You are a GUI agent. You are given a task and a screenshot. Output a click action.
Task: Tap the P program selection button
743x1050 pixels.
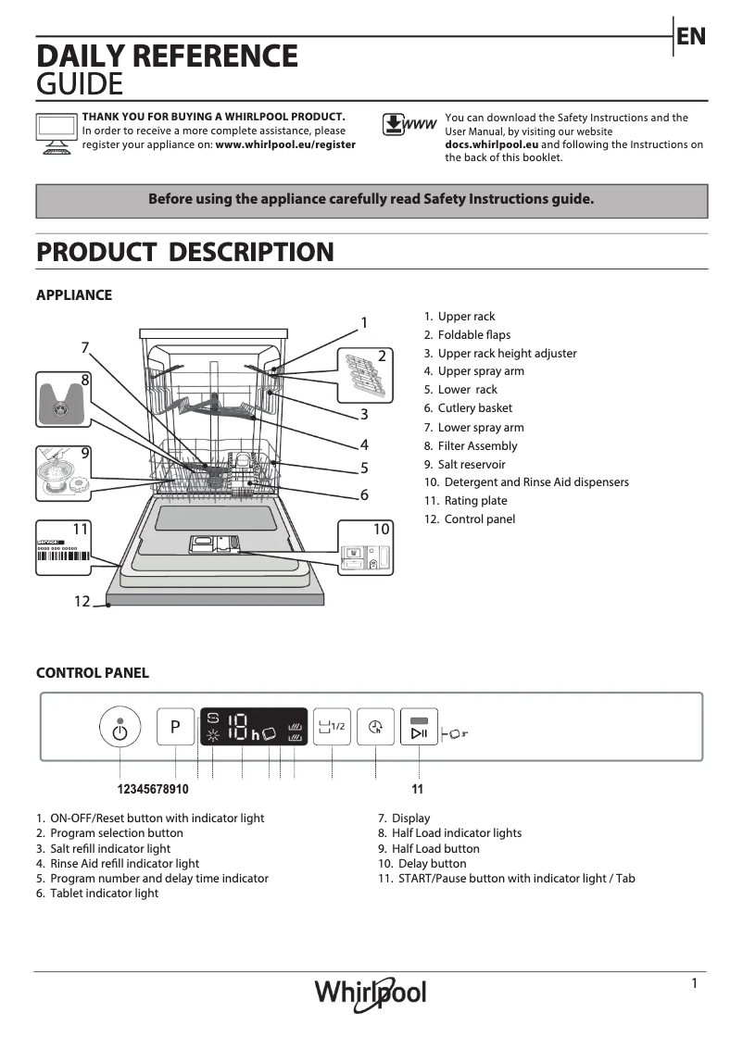pyautogui.click(x=175, y=728)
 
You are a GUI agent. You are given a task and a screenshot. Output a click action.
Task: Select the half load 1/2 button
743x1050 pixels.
pyautogui.click(x=331, y=727)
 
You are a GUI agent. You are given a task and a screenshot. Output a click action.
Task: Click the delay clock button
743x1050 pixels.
pyautogui.click(x=375, y=727)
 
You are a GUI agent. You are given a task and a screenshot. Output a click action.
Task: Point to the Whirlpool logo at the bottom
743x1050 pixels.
pyautogui.click(x=371, y=994)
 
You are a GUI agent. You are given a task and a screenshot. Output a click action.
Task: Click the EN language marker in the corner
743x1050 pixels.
pyautogui.click(x=691, y=36)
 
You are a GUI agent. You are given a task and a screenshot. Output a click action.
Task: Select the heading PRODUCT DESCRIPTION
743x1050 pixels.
pyautogui.click(x=184, y=252)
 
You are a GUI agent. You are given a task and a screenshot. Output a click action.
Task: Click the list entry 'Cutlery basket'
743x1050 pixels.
pyautogui.click(x=474, y=408)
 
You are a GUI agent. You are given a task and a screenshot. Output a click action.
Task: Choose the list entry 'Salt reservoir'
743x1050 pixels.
pyautogui.click(x=472, y=464)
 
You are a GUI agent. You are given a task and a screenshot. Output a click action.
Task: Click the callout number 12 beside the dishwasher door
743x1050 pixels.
pyautogui.click(x=82, y=602)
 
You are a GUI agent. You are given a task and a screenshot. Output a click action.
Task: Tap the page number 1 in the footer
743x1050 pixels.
pyautogui.click(x=694, y=983)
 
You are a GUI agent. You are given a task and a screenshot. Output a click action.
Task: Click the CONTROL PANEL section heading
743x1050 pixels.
pyautogui.click(x=92, y=673)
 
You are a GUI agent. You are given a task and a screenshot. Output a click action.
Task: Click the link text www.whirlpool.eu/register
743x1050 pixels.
pyautogui.click(x=285, y=145)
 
